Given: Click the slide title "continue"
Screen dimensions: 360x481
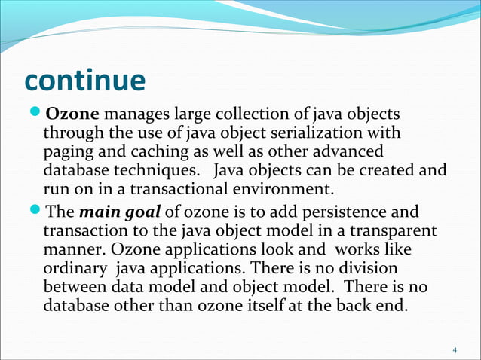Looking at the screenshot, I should (x=84, y=81).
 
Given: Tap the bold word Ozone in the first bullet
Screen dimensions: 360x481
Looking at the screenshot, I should (x=72, y=115).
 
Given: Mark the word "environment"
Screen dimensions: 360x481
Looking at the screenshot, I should (x=283, y=188).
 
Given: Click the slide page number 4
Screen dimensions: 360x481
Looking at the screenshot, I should (x=455, y=351).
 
